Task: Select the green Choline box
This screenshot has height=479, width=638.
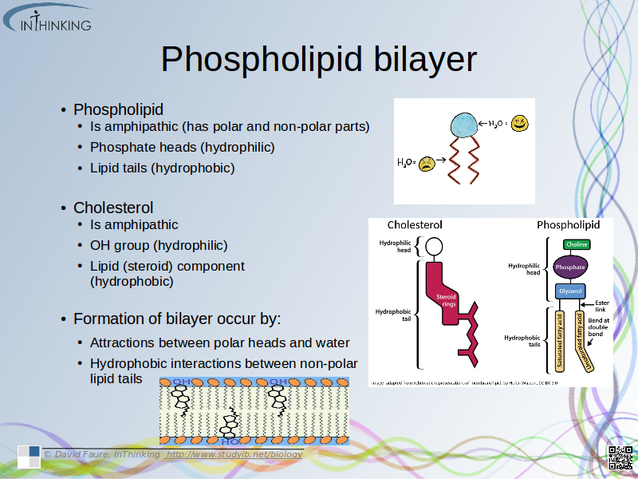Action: pyautogui.click(x=576, y=244)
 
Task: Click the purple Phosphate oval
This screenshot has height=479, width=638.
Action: pyautogui.click(x=570, y=267)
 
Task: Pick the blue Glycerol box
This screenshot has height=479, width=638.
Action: pyautogui.click(x=570, y=291)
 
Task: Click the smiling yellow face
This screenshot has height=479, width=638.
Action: pyautogui.click(x=520, y=124)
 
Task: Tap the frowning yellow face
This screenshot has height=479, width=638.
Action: pyautogui.click(x=428, y=163)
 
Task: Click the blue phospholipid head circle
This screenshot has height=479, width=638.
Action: pyautogui.click(x=463, y=125)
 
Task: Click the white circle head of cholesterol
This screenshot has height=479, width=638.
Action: pyautogui.click(x=433, y=245)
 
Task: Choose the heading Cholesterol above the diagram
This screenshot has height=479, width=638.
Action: pyautogui.click(x=415, y=224)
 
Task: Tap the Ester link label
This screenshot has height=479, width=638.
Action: pyautogui.click(x=601, y=306)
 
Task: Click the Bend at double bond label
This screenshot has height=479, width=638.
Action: pyautogui.click(x=599, y=327)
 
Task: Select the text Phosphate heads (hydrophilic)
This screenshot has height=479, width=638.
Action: pyautogui.click(x=182, y=147)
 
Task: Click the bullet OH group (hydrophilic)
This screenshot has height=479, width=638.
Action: pyautogui.click(x=159, y=245)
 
